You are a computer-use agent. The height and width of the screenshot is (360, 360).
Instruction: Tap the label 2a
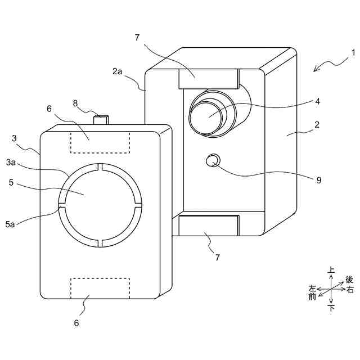click(x=117, y=71)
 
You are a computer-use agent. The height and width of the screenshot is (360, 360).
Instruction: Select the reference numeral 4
click(x=318, y=102)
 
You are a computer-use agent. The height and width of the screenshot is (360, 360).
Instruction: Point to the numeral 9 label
click(x=318, y=180)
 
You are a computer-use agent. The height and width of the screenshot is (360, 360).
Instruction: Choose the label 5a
click(x=10, y=224)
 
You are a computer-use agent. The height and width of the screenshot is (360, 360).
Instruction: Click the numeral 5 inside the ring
click(x=11, y=182)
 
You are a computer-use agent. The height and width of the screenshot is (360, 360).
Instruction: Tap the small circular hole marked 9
click(x=212, y=161)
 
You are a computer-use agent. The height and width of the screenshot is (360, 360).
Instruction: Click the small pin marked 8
click(x=101, y=119)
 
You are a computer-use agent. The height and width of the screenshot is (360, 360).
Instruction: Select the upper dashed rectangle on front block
click(x=100, y=142)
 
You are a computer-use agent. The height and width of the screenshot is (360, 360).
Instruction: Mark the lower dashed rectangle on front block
click(x=100, y=287)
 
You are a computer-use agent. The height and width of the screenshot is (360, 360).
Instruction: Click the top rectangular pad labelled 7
click(x=208, y=78)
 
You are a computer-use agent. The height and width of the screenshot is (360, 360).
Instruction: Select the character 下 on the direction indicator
click(x=331, y=308)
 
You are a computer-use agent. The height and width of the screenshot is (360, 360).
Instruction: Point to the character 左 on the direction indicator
click(x=313, y=288)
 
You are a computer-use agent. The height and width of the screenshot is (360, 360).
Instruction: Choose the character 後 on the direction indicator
click(x=349, y=280)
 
